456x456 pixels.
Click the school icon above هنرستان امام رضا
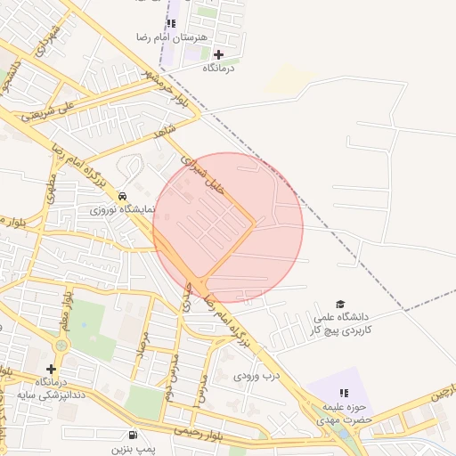[172, 23]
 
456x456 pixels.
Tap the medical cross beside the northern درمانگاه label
[219, 54]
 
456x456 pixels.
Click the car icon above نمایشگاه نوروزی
[122, 197]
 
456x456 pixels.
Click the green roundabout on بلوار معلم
[61, 346]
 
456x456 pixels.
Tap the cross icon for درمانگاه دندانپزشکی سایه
[51, 369]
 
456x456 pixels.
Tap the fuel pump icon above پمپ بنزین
[133, 435]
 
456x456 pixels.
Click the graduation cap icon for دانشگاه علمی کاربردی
[339, 304]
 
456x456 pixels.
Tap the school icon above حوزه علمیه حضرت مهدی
[344, 393]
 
